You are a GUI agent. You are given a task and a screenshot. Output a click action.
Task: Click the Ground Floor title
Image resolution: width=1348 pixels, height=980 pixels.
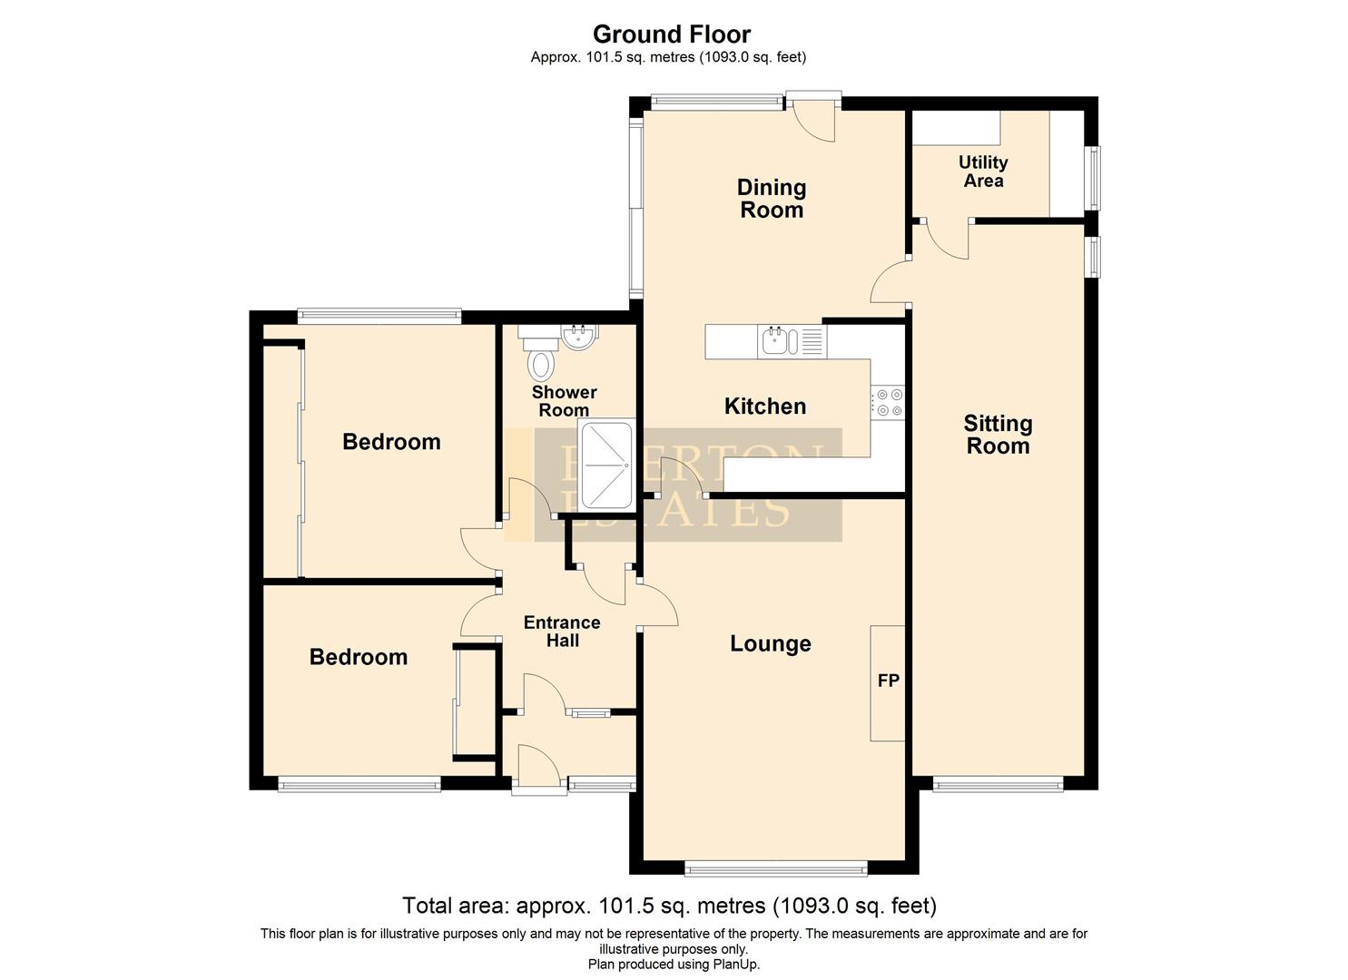[672, 34]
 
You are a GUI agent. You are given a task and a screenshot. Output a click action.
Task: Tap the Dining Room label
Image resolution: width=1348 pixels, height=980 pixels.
[771, 199]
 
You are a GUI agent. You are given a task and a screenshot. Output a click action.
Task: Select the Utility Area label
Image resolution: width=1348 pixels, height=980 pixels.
[983, 171]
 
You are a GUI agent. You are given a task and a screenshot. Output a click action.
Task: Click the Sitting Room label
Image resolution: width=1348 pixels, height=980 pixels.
[998, 435]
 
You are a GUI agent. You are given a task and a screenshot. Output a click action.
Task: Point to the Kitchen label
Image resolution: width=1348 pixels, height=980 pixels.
[764, 407]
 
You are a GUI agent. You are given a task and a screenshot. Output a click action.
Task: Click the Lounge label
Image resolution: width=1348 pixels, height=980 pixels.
[770, 644]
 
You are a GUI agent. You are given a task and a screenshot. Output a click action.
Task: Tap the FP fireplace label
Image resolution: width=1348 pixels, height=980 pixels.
[888, 680]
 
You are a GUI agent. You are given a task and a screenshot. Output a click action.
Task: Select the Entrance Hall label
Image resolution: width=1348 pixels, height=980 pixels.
[562, 632]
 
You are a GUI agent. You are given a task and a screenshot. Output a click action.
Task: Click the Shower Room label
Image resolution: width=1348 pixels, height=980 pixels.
[564, 401]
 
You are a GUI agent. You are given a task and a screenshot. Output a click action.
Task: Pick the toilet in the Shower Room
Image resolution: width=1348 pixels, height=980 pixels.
[541, 361]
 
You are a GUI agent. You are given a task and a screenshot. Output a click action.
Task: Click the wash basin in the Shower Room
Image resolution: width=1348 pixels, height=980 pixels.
[577, 338]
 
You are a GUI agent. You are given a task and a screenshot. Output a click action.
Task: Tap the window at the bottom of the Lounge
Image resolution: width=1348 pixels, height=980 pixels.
[776, 869]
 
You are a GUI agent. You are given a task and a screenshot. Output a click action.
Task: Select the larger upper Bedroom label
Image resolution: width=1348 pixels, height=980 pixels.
[391, 442]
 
